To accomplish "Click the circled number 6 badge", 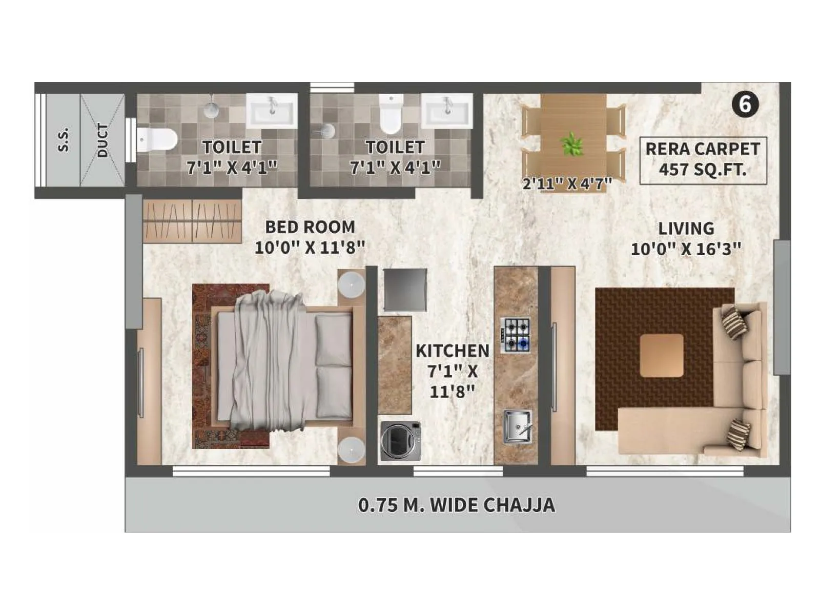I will click(x=745, y=105).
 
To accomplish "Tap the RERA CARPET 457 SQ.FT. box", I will click(x=703, y=160).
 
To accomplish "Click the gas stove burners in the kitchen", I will click(x=516, y=335).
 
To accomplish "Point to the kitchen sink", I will click(x=517, y=427).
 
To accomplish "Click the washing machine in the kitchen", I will click(x=400, y=441).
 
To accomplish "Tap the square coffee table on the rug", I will click(x=661, y=355).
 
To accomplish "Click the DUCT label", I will click(x=103, y=140).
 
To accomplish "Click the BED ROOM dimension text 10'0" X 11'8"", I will click(x=310, y=248).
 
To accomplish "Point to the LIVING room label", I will click(x=686, y=229).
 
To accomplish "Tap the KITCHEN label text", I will click(x=452, y=351).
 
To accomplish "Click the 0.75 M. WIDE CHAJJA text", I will click(x=456, y=505).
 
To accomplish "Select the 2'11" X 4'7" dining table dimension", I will click(x=567, y=183).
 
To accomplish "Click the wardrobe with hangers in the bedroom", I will click(x=192, y=220).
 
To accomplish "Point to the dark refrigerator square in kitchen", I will click(x=405, y=290).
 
